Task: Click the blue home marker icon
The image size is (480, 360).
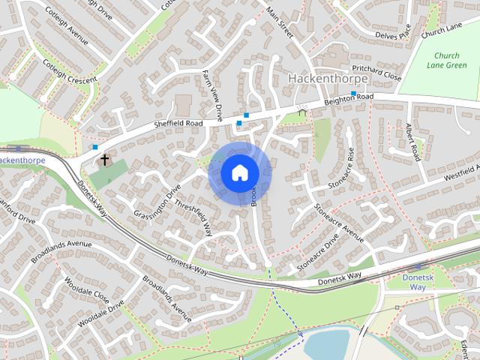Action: (x=238, y=173)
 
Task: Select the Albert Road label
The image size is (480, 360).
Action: (x=411, y=142)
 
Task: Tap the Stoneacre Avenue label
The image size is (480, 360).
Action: (x=338, y=223)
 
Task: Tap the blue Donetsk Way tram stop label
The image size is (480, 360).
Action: (x=413, y=282)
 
